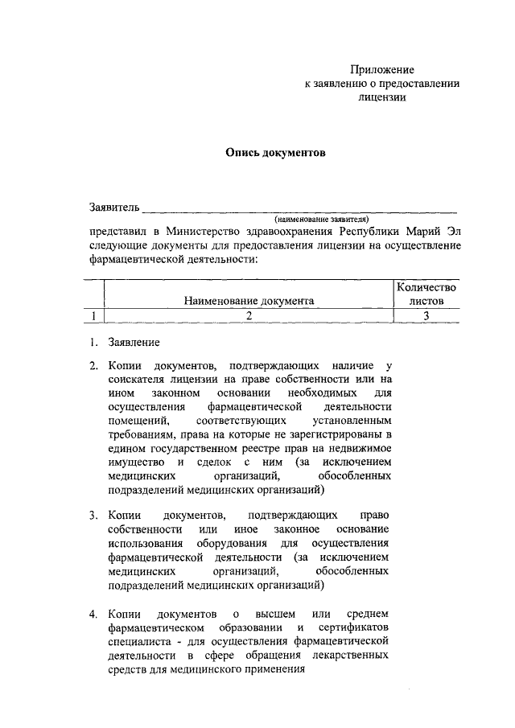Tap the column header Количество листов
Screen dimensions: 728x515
[x=426, y=294]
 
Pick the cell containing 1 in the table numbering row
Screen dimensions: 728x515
[x=95, y=315]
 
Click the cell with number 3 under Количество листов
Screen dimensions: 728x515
[x=426, y=315]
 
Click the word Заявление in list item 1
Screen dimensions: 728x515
[x=132, y=342]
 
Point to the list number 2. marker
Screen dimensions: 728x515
[x=93, y=365]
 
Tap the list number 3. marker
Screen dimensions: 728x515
[x=93, y=515]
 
